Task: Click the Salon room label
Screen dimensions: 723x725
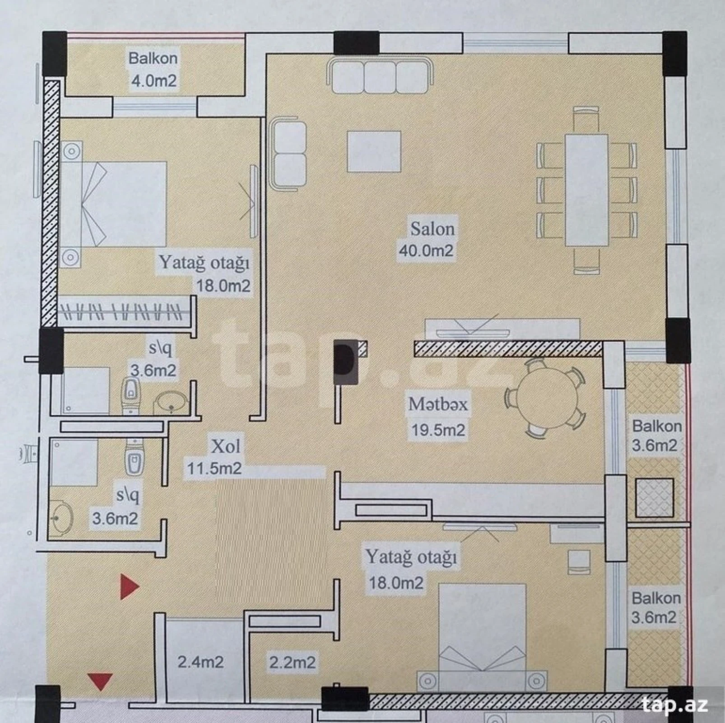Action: pos(432,229)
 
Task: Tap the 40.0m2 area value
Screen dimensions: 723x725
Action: pos(426,250)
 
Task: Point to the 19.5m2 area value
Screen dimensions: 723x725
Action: pos(437,429)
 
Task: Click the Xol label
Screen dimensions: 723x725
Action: pos(226,446)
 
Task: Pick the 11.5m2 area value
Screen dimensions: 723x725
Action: pos(214,468)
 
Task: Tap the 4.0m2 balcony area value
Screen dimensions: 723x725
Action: pos(153,81)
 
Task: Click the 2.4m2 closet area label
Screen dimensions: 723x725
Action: pos(200,662)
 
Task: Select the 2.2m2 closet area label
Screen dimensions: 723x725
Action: pos(292,662)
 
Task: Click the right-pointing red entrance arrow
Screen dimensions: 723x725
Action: pos(129,587)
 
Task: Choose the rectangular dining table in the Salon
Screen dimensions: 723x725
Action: pos(586,190)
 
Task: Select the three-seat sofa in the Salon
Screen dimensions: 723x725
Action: pos(380,76)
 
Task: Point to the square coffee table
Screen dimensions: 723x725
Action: pos(374,151)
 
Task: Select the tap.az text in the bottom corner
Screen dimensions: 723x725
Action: pos(674,704)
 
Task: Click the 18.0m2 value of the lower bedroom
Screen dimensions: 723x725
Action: pos(396,582)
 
